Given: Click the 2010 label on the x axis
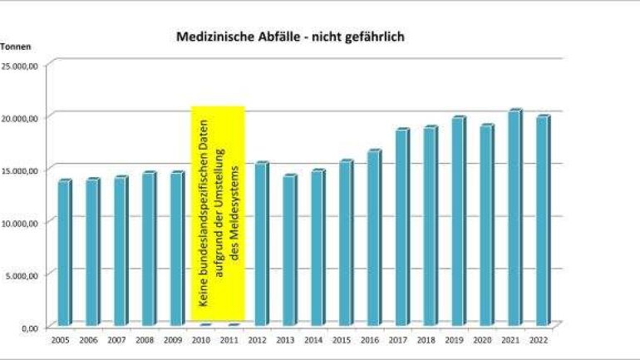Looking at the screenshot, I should [x=200, y=340].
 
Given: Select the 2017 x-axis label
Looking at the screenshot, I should [x=398, y=340].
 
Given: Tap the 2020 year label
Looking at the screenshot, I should [x=483, y=340].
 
